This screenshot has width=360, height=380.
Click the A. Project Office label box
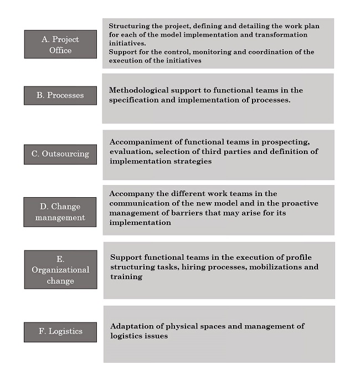tap(60, 44)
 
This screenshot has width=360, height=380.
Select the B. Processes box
tap(60, 95)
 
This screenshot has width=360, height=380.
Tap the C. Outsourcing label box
tap(60, 154)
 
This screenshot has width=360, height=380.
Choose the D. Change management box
tap(60, 212)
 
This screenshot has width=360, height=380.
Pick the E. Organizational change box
tap(60, 270)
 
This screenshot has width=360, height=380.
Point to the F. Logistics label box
tap(60, 331)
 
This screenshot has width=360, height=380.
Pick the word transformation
tap(264, 34)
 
